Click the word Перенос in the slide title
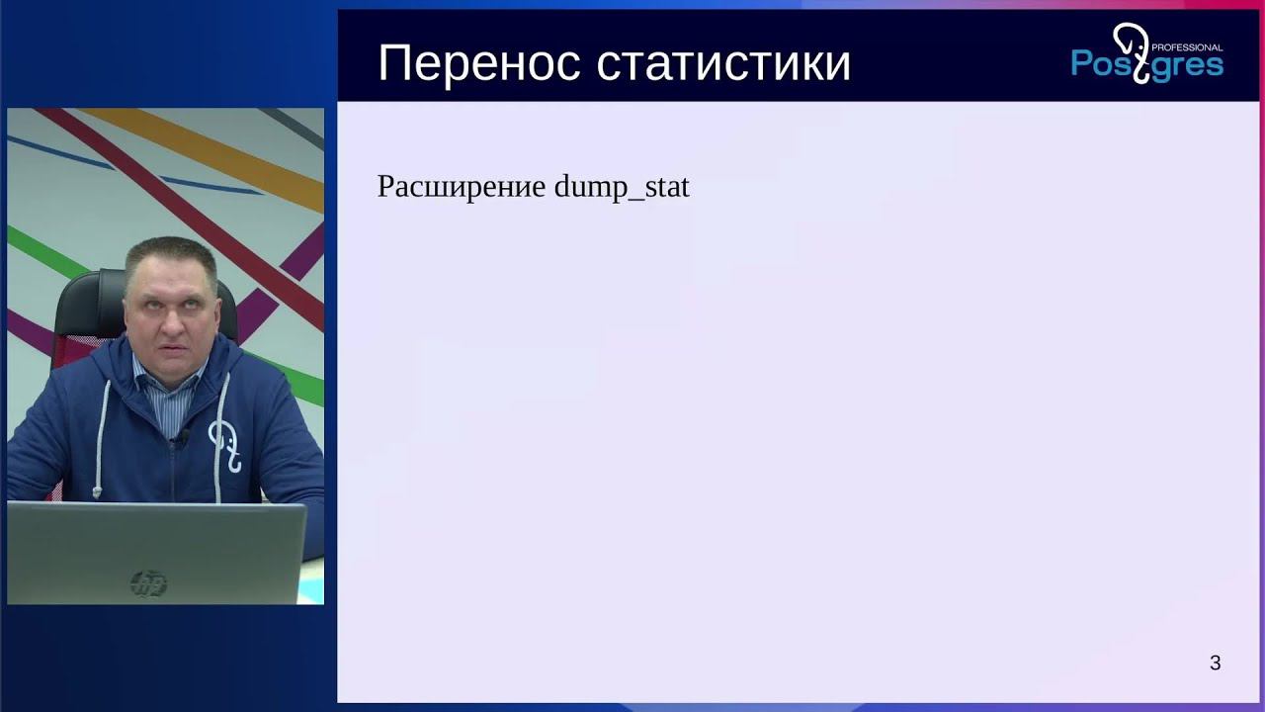[x=479, y=63]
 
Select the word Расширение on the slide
[x=461, y=186]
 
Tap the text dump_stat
[x=622, y=186]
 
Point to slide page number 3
[x=1215, y=664]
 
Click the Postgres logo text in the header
[x=1146, y=64]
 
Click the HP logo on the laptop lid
[x=148, y=583]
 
